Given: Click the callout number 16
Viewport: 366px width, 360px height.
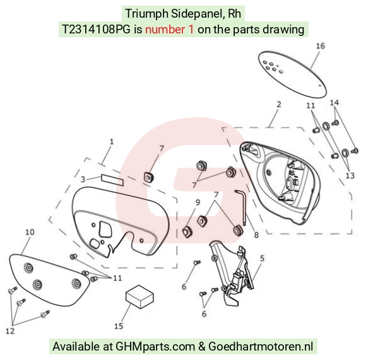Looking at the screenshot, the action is pyautogui.click(x=321, y=46).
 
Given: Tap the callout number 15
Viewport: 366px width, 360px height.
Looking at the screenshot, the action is pyautogui.click(x=119, y=326).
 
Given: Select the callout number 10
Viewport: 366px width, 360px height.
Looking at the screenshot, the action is pyautogui.click(x=30, y=232).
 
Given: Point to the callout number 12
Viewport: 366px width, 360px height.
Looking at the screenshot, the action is pyautogui.click(x=10, y=331).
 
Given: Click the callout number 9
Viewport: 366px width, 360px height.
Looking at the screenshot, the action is pyautogui.click(x=198, y=202).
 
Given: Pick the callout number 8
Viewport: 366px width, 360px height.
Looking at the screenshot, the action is pyautogui.click(x=256, y=235).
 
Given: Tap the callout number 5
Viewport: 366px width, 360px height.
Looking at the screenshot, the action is pyautogui.click(x=262, y=258).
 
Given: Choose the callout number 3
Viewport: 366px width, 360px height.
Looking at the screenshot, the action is pyautogui.click(x=83, y=179).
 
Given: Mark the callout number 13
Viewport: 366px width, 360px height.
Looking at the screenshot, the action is pyautogui.click(x=350, y=175).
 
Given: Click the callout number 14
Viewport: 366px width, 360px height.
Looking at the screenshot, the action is pyautogui.click(x=334, y=102).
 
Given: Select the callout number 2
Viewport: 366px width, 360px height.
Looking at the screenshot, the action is pyautogui.click(x=279, y=104).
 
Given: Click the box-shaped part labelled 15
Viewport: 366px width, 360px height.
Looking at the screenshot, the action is pyautogui.click(x=139, y=296).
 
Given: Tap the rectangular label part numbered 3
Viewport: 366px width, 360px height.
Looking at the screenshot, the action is pyautogui.click(x=112, y=180).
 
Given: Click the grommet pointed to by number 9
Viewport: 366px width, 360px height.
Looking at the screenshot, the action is pyautogui.click(x=187, y=232).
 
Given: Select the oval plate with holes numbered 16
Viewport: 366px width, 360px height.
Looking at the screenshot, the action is pyautogui.click(x=292, y=74).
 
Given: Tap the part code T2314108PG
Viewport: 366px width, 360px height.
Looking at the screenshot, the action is pyautogui.click(x=96, y=30).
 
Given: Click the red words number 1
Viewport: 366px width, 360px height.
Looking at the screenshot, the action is pyautogui.click(x=170, y=30).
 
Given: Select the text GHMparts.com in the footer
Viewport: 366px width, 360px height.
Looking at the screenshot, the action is pyautogui.click(x=155, y=347).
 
